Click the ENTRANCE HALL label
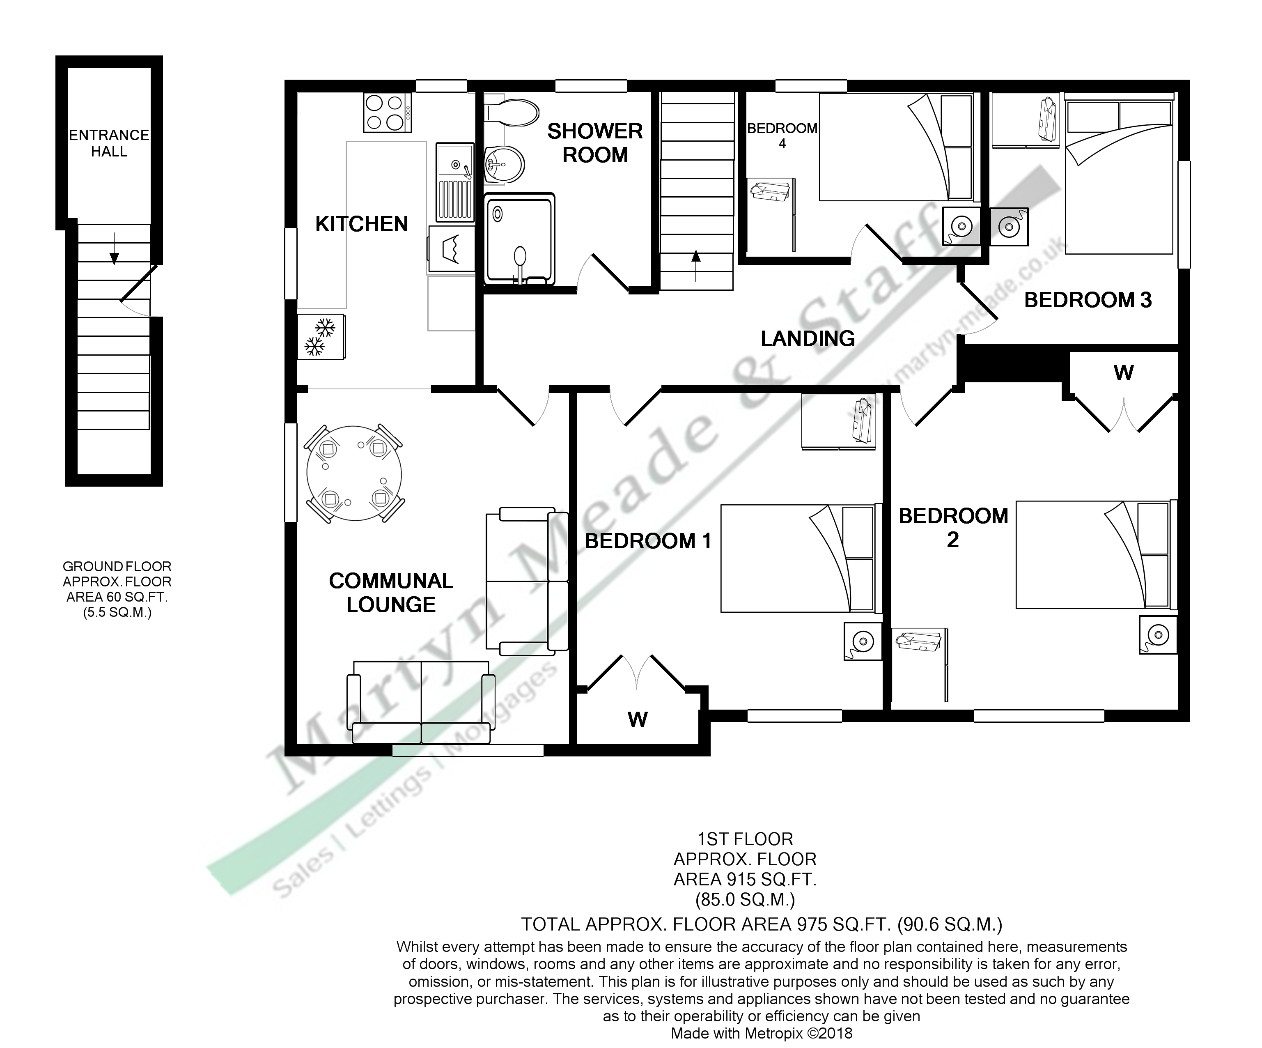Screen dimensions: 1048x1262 coord(109,143)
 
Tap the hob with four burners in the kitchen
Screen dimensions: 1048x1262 coord(388,113)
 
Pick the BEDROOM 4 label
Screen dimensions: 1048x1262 coord(782,135)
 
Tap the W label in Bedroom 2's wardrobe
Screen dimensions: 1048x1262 coord(1123,373)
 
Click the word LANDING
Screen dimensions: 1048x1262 coord(807,338)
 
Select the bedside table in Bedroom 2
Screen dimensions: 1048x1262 coord(1157,634)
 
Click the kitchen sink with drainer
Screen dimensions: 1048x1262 coord(455,182)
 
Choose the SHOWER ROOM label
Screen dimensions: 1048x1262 coord(594,143)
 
